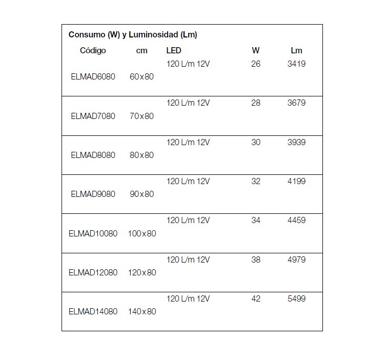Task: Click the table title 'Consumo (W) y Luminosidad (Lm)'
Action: (133, 35)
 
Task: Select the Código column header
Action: (93, 50)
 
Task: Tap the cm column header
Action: (141, 50)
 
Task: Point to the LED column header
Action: (174, 50)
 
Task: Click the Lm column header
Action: (296, 50)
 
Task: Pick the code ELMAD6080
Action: (93, 77)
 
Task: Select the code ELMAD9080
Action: (93, 194)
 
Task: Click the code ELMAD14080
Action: (93, 311)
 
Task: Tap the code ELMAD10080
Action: (93, 233)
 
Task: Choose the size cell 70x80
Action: (141, 116)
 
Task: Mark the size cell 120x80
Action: (141, 272)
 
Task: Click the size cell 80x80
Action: (141, 155)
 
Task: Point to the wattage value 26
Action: (256, 64)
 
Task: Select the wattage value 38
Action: (256, 259)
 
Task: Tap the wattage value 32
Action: (256, 181)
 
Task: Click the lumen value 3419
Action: (296, 64)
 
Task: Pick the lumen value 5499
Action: (296, 298)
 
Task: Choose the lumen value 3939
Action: (296, 142)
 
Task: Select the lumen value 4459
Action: (296, 221)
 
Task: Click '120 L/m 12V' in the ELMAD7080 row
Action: (188, 103)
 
